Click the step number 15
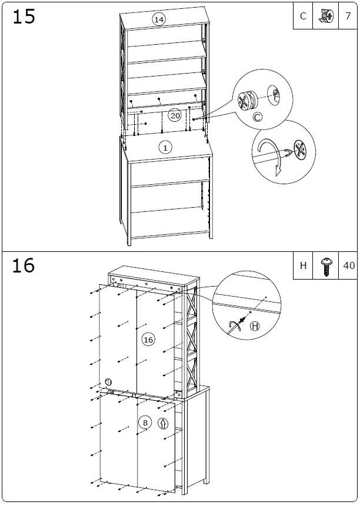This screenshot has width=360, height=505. [24, 16]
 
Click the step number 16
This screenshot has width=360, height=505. [24, 265]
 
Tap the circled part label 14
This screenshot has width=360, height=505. [158, 19]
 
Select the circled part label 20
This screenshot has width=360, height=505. [175, 115]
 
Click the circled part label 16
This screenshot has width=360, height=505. [148, 340]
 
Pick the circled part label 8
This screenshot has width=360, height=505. [145, 422]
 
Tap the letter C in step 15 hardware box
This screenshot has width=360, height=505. [303, 16]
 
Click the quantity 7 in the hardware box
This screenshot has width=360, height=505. [348, 16]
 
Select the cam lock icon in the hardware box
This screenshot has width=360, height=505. [325, 16]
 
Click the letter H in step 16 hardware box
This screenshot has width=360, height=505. [303, 265]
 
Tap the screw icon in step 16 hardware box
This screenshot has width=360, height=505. [325, 265]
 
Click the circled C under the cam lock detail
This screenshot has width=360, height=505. [257, 118]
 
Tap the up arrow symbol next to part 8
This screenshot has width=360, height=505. [162, 422]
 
